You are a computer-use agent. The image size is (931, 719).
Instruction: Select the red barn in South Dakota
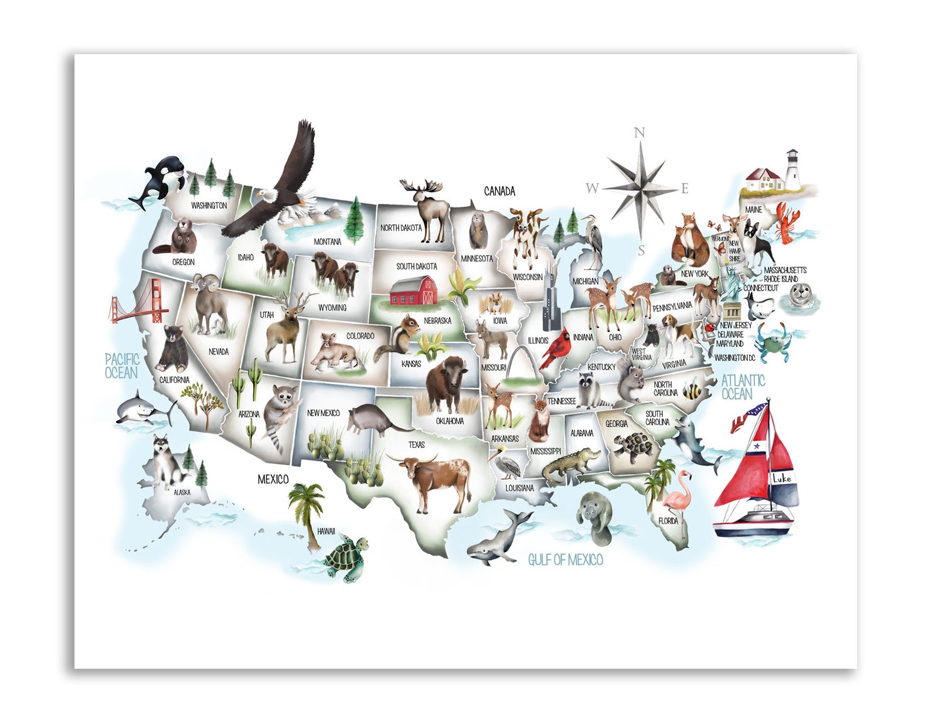point(413,291)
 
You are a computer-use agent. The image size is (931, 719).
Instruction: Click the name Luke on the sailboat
point(781,479)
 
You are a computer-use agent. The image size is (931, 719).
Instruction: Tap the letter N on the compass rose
point(640,133)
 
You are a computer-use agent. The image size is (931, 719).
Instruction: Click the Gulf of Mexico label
point(565,560)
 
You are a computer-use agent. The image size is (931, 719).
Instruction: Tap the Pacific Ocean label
point(122,366)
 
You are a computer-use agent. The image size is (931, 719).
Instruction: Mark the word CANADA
point(500,191)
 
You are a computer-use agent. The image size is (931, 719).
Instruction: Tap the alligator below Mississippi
point(569,464)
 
